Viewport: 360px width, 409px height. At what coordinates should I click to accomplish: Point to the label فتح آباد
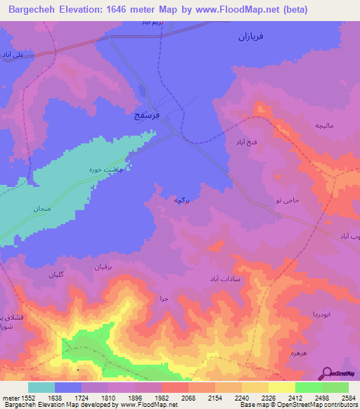click(239, 142)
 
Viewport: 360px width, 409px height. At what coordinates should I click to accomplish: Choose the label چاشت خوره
click(110, 169)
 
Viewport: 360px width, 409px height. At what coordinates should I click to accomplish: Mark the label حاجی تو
click(288, 200)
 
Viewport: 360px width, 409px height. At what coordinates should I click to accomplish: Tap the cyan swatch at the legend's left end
click(41, 387)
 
